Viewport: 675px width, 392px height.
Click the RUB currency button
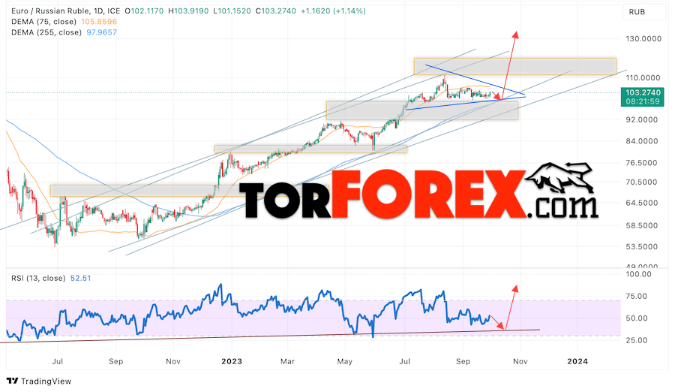pos(637,11)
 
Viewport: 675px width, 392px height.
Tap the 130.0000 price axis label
pos(646,39)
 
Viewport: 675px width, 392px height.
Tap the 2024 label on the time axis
pos(577,361)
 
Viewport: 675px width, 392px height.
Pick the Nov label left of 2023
pos(172,361)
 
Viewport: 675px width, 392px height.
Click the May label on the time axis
pos(344,361)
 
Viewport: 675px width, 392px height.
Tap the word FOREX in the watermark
pos(427,194)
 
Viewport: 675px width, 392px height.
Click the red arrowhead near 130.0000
pos(515,35)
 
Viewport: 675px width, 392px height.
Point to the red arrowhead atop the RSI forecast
pos(514,288)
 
